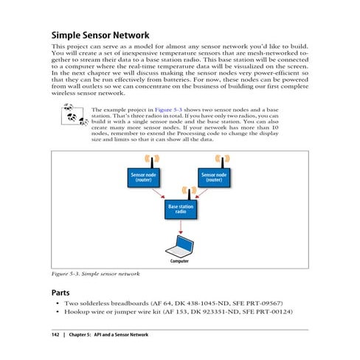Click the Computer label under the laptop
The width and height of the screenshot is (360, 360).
point(180,261)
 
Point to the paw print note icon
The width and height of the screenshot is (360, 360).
point(73,116)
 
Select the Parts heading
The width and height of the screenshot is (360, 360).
point(62,292)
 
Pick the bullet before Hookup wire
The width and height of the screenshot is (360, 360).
point(58,313)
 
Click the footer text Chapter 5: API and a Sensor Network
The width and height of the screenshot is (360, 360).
point(110,336)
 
